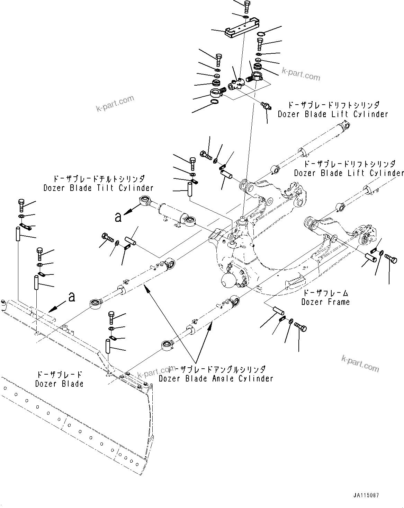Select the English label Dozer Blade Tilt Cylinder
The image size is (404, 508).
(x=98, y=188)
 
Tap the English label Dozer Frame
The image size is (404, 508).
(x=325, y=302)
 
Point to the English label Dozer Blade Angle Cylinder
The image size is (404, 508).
(x=216, y=378)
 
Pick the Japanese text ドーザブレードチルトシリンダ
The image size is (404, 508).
(x=98, y=179)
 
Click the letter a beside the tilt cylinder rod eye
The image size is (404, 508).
(x=118, y=217)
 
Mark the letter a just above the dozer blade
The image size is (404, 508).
(x=72, y=297)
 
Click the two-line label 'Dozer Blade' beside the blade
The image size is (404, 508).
(x=59, y=379)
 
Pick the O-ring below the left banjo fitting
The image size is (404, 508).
(x=214, y=102)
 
